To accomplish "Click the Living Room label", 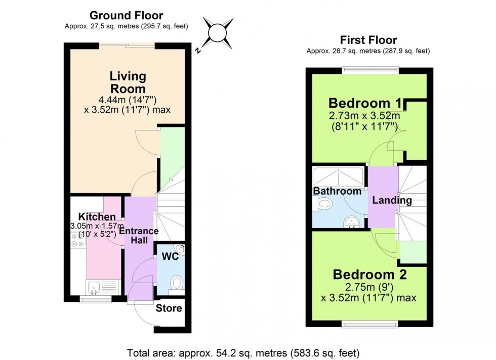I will click(128, 82).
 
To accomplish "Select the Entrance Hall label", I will click(139, 236).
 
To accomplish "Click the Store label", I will click(169, 308).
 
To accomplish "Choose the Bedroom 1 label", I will click(364, 104).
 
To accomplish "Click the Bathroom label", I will click(337, 191).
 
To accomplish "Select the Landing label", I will click(392, 200).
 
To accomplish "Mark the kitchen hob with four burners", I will click(78, 244).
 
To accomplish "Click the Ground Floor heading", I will click(127, 16).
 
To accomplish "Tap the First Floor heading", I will click(368, 40).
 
